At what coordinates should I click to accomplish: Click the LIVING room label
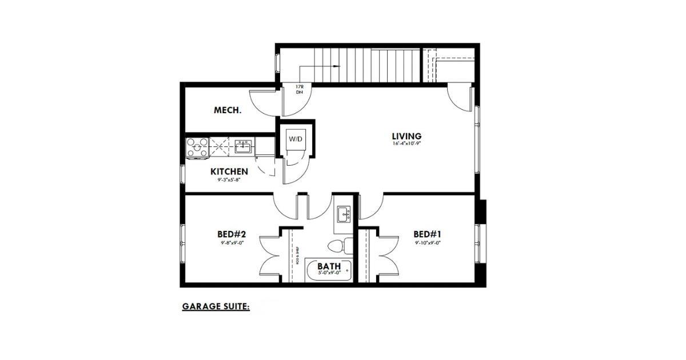click(x=406, y=136)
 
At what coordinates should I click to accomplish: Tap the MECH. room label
click(x=228, y=110)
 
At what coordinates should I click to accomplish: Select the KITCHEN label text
click(x=229, y=171)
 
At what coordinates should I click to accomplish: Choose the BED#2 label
click(x=232, y=234)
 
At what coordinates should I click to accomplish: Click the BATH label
click(x=329, y=266)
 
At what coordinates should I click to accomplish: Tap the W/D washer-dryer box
click(x=296, y=139)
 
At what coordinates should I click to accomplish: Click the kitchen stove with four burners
click(x=197, y=147)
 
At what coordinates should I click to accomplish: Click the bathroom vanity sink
click(x=344, y=215)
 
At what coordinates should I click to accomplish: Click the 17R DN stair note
click(x=299, y=89)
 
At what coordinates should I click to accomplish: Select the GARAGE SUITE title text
click(x=216, y=306)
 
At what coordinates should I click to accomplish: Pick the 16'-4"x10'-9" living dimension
click(x=406, y=144)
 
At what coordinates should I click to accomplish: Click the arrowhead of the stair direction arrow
click(x=337, y=67)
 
